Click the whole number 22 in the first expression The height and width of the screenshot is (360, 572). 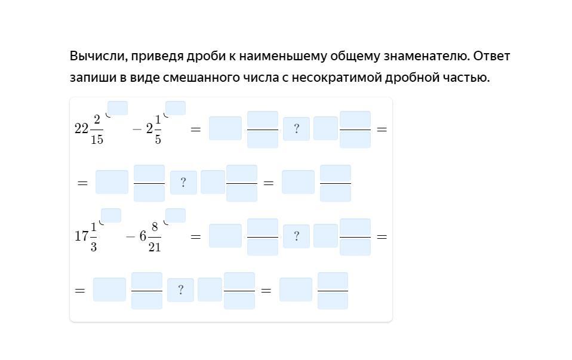pyautogui.click(x=81, y=128)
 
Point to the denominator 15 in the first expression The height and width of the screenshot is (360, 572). pyautogui.click(x=97, y=139)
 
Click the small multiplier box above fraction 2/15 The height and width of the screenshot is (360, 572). pyautogui.click(x=118, y=108)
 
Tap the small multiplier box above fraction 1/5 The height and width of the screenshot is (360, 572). pyautogui.click(x=176, y=108)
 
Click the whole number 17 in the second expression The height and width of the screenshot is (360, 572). pyautogui.click(x=81, y=236)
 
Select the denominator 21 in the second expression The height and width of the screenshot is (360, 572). pyautogui.click(x=155, y=247)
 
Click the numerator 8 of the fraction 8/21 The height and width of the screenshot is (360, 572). pyautogui.click(x=155, y=226)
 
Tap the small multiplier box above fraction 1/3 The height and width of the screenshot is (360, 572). pyautogui.click(x=111, y=216)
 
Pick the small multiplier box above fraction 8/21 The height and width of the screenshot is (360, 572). pyautogui.click(x=176, y=216)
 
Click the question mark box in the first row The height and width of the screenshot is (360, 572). pyautogui.click(x=296, y=129)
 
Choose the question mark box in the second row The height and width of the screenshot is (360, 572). pyautogui.click(x=183, y=183)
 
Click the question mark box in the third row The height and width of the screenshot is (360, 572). pyautogui.click(x=296, y=236)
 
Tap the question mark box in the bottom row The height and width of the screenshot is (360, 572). pyautogui.click(x=180, y=290)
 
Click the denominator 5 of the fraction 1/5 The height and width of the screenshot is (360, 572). pyautogui.click(x=158, y=139)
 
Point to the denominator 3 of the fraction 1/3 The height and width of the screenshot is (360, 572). pyautogui.click(x=94, y=247)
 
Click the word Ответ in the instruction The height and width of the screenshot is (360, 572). pyautogui.click(x=492, y=56)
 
